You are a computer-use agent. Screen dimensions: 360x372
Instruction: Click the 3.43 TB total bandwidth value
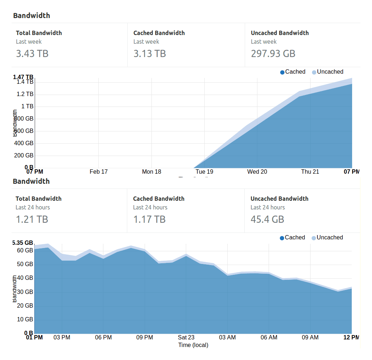click(x=32, y=53)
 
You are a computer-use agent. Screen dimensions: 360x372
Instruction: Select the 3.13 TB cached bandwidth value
click(x=150, y=53)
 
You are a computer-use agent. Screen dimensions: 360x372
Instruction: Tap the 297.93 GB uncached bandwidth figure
click(x=273, y=53)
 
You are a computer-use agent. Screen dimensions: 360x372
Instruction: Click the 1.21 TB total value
click(x=32, y=219)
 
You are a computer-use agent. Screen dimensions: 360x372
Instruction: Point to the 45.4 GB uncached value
click(x=267, y=219)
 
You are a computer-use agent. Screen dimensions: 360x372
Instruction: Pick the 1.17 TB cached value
click(x=149, y=219)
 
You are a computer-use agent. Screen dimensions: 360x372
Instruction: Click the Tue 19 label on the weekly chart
click(x=204, y=172)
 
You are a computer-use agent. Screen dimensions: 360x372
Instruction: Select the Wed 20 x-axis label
click(x=257, y=172)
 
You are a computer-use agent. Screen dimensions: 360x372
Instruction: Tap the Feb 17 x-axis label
click(x=99, y=172)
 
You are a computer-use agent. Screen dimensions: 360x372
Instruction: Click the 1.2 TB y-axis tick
click(x=25, y=94)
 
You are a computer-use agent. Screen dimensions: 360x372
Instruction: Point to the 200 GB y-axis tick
click(x=24, y=155)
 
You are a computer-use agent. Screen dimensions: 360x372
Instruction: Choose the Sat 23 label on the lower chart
click(x=186, y=337)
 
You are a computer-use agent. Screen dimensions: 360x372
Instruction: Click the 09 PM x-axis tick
click(x=145, y=337)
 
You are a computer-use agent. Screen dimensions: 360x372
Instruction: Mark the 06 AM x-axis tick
click(x=269, y=337)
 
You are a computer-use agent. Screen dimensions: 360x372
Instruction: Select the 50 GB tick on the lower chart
click(x=25, y=264)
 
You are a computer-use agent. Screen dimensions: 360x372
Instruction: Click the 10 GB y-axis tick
click(x=25, y=319)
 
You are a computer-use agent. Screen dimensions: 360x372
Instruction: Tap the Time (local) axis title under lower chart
click(x=193, y=345)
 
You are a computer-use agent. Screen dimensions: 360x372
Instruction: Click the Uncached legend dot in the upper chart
click(x=314, y=72)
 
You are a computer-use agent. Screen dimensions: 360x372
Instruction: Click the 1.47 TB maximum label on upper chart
click(x=23, y=77)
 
